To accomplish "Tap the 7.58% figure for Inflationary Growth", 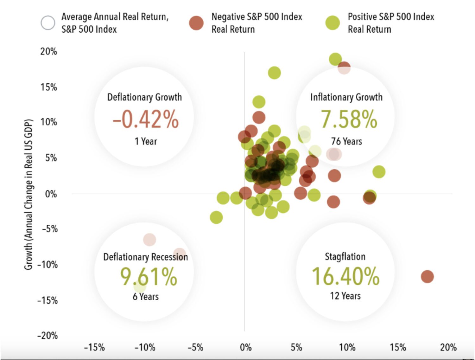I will point(349,119).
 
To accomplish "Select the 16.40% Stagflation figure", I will point(345,276).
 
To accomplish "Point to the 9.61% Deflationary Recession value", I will point(149,277).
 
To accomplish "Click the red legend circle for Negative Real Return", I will point(196,23).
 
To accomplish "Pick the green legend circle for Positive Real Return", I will point(332,23).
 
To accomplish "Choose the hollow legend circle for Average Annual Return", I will point(48,23).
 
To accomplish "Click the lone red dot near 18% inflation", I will point(427,276).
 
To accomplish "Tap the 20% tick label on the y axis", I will point(48,51).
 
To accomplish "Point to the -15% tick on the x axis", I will point(94,347).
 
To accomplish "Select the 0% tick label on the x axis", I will point(246,347).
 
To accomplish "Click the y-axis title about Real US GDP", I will point(28,194).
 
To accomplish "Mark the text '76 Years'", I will point(346,141).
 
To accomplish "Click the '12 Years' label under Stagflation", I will point(345,296).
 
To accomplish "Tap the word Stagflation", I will point(345,256).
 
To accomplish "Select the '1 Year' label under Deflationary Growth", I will point(146,141).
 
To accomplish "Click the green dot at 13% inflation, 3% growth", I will point(379,172).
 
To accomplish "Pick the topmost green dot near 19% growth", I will point(335,59).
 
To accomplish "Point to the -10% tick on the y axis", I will point(47,264).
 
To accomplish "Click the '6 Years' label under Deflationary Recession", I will point(146,297).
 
